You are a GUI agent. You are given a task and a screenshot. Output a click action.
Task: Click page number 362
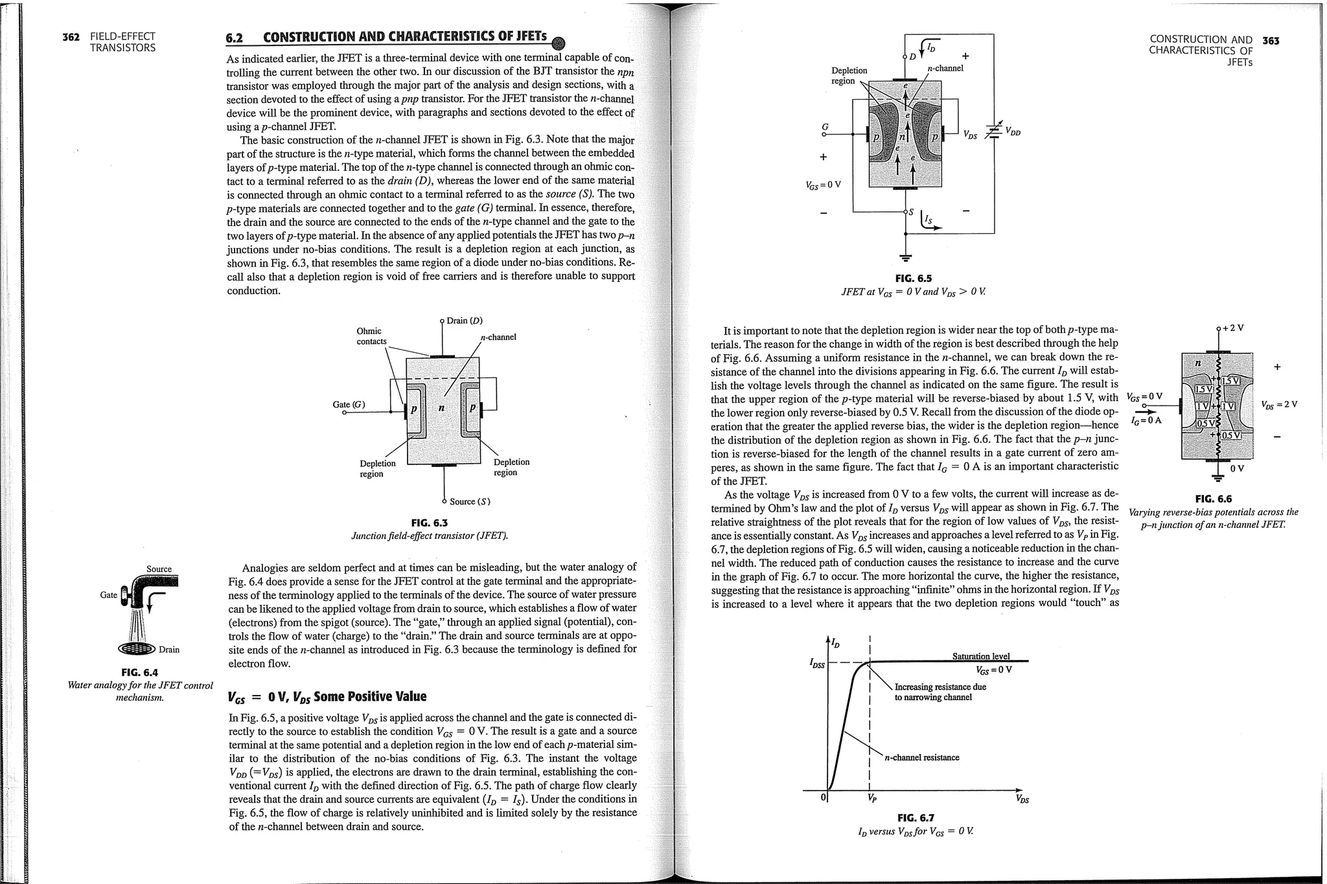click(71, 37)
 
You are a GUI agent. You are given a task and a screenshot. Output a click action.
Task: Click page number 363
click(1271, 41)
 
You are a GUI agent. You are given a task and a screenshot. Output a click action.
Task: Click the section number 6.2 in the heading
click(234, 38)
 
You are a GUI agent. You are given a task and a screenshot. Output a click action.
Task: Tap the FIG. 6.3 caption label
click(429, 523)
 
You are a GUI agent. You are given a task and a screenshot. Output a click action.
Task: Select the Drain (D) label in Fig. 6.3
click(465, 321)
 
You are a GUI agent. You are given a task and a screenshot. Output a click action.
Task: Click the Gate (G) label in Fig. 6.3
click(349, 405)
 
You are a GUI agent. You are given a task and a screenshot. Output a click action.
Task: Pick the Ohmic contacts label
click(371, 336)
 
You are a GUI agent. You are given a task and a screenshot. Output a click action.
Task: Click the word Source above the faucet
click(159, 569)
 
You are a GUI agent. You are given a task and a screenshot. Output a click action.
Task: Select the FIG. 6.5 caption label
click(913, 278)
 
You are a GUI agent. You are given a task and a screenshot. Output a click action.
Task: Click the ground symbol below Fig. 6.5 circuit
click(906, 256)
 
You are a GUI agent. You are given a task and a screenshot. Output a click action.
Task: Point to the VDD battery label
click(1011, 132)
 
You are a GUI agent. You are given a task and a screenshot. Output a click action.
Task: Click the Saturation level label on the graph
click(980, 656)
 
